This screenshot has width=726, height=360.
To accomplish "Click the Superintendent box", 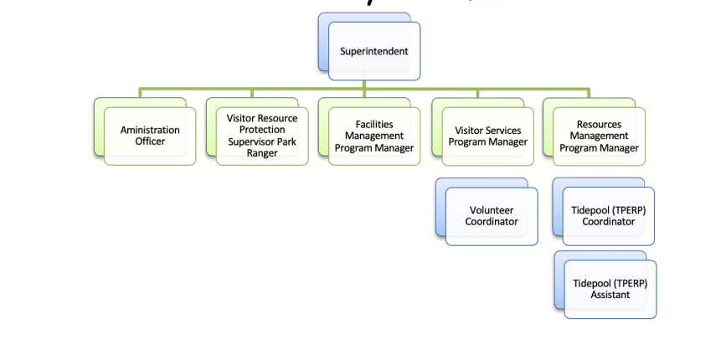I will pos(374,51).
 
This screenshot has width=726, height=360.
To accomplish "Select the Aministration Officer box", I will pos(150,136).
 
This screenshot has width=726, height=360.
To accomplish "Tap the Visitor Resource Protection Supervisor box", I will pos(262,136).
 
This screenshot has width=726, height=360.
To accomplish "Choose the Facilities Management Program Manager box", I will pos(374,136).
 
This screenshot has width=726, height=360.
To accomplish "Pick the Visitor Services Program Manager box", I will pos(487,136).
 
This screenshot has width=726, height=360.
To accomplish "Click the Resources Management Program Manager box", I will pos(599,136).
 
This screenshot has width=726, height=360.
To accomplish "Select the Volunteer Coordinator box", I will pos(492,216).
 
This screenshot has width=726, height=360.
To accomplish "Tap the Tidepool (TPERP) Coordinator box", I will pos(609,216).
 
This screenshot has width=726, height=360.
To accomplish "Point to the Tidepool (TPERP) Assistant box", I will pos(610,290).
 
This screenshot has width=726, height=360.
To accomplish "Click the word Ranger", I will pos(262,153).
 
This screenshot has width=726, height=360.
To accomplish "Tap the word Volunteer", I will pos(492,210).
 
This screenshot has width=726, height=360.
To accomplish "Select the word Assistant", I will pos(610,296).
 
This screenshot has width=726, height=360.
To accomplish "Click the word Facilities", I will pos(374,124).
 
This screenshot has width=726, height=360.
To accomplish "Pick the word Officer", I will pos(150,142).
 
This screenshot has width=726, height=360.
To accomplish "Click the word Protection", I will pos(262,130).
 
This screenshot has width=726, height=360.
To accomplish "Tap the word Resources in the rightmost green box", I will pos(599,125).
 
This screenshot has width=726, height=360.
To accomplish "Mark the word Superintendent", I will pos(374,51).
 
